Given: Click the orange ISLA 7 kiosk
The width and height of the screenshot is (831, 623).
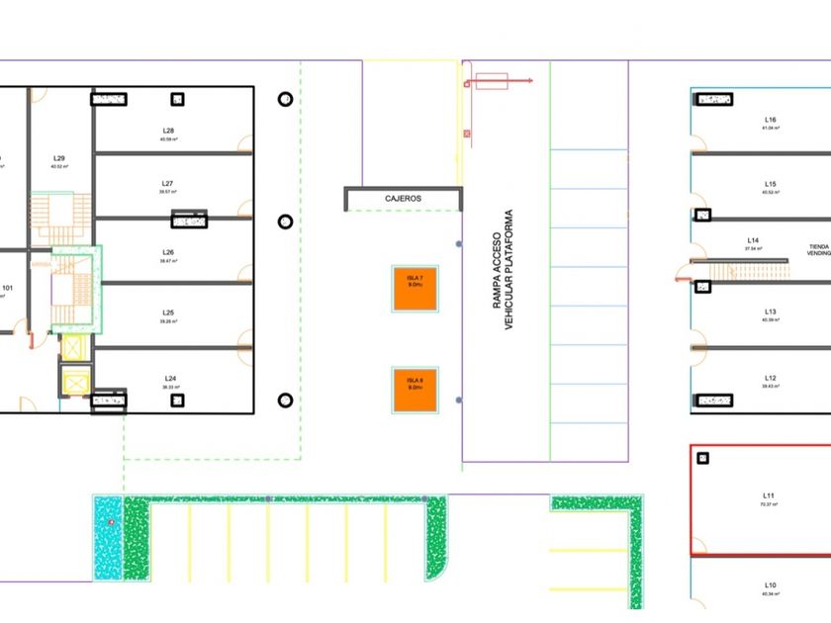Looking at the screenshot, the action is pyautogui.click(x=415, y=290).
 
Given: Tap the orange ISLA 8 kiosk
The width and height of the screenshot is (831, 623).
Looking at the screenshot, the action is pyautogui.click(x=415, y=391).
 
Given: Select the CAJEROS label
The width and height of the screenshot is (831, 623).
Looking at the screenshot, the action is pyautogui.click(x=403, y=199).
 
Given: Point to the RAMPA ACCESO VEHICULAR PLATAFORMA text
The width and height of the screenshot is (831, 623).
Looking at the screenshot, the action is pyautogui.click(x=504, y=270).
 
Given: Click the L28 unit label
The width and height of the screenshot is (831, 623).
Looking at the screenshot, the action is pyautogui.click(x=169, y=131).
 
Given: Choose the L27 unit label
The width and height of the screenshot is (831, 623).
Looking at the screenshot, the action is pyautogui.click(x=168, y=184).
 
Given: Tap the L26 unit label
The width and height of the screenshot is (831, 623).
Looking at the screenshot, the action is pyautogui.click(x=168, y=252).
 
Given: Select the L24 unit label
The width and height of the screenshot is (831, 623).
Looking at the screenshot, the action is pyautogui.click(x=170, y=379).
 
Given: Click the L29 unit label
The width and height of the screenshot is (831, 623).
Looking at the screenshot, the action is pyautogui.click(x=59, y=158).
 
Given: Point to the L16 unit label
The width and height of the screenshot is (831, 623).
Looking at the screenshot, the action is pyautogui.click(x=771, y=120).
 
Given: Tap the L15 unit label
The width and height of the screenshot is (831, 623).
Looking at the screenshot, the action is pyautogui.click(x=771, y=184).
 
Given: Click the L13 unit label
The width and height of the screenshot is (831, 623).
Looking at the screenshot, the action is pyautogui.click(x=771, y=311).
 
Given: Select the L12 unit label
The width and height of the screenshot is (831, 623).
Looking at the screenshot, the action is pyautogui.click(x=771, y=378).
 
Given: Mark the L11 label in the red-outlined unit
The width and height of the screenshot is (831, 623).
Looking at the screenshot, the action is pyautogui.click(x=769, y=495).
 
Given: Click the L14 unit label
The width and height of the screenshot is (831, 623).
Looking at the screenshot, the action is pyautogui.click(x=753, y=240).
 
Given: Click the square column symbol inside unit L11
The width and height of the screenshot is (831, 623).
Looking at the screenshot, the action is pyautogui.click(x=703, y=458).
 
